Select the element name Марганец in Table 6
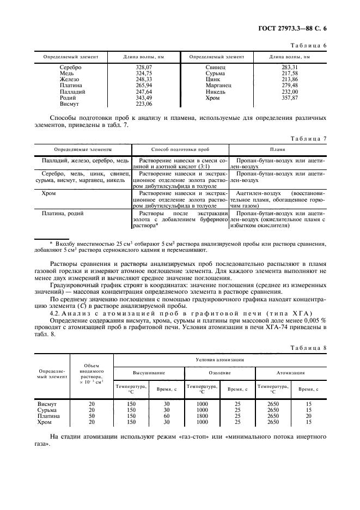point(219,85)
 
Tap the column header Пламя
point(278,149)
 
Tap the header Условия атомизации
point(220,360)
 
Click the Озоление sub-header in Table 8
point(220,373)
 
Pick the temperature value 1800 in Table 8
point(202,416)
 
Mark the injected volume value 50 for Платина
point(91,416)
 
